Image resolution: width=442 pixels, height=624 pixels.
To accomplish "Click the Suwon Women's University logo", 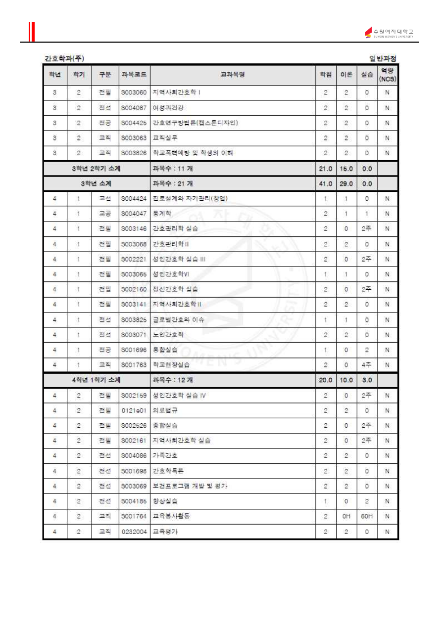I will [x=389, y=33].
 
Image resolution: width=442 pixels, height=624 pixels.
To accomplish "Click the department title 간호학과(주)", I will [x=64, y=58].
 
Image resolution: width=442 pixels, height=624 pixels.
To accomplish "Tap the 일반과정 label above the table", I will [x=383, y=58].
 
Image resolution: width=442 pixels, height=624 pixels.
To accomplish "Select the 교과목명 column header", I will [x=233, y=75].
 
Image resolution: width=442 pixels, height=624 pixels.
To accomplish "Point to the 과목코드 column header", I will [x=134, y=75].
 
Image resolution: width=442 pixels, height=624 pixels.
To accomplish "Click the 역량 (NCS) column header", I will [x=388, y=75].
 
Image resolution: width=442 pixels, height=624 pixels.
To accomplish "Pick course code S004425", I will [x=134, y=123].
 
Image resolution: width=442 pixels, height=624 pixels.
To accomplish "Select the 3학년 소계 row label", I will [x=96, y=183].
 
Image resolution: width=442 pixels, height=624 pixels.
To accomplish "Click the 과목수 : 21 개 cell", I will [x=173, y=183].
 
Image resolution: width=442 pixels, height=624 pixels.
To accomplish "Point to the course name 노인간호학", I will [x=168, y=335].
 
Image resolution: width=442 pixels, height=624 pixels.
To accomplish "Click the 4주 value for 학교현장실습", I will [x=367, y=365].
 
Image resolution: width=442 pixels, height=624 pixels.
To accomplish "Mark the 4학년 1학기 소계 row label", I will [x=96, y=380].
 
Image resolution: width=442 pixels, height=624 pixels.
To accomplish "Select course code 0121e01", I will [x=134, y=410].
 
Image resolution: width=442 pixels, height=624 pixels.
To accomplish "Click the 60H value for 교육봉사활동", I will [x=367, y=516].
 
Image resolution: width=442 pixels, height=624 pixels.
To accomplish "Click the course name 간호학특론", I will [x=168, y=471].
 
